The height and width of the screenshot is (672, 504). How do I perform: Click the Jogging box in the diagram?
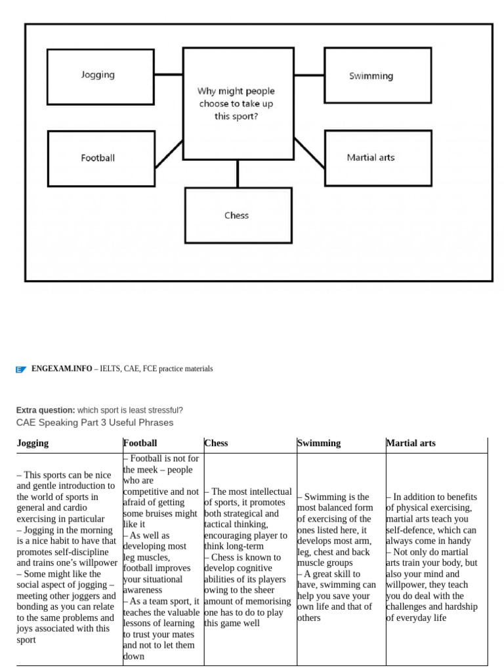(x=100, y=76)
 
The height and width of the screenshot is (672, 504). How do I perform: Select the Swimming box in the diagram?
(x=377, y=75)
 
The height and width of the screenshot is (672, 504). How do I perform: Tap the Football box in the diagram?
(x=100, y=158)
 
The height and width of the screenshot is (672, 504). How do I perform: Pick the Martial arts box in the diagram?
(x=377, y=158)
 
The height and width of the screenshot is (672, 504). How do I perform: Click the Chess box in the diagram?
(x=238, y=215)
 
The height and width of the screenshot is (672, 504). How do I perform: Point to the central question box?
(x=238, y=103)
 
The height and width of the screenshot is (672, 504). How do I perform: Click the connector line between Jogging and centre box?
(x=169, y=75)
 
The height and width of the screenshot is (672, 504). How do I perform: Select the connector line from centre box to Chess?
(x=238, y=174)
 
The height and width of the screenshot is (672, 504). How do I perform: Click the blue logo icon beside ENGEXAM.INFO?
(x=21, y=369)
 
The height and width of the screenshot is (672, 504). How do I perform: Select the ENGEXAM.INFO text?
(x=62, y=369)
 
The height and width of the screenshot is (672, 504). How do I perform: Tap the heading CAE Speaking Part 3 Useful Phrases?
(x=94, y=423)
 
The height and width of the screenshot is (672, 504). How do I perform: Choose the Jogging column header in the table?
(x=33, y=443)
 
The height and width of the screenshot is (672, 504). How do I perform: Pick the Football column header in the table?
(x=140, y=443)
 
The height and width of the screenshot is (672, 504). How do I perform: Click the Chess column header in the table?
(x=217, y=443)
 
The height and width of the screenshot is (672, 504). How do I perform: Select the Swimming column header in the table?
(x=319, y=443)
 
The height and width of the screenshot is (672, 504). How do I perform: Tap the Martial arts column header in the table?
(x=411, y=443)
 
